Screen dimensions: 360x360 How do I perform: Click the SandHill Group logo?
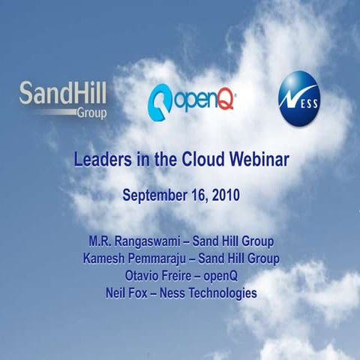[63, 100]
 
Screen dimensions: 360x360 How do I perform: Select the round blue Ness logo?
[298, 97]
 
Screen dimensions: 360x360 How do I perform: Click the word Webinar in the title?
[254, 159]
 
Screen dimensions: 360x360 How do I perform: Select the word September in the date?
[154, 196]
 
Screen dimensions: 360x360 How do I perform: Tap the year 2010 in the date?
[223, 196]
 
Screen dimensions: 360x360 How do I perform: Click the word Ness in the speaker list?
[172, 292]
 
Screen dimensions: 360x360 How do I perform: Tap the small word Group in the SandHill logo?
[91, 113]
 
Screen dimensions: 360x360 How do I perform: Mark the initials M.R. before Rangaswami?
[101, 241]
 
